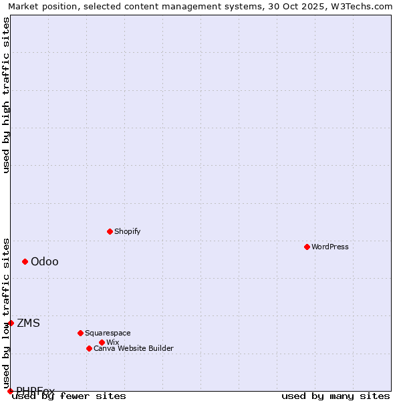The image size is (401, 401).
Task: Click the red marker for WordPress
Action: pos(307,247)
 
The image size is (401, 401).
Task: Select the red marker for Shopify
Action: pos(110,231)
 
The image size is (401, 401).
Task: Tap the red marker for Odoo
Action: pos(25,261)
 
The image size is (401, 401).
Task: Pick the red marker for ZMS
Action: pos(11,323)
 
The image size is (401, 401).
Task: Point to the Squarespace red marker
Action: pos(80,333)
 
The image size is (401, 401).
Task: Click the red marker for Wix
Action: pos(102,342)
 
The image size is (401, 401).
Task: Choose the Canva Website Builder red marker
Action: pos(89,348)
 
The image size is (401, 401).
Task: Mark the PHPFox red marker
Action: pos(10,391)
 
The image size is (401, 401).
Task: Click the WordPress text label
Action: pos(330,247)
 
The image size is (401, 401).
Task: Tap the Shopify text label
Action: pos(127,231)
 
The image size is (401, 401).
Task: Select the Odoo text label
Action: pos(45,261)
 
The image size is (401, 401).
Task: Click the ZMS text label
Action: pos(28,323)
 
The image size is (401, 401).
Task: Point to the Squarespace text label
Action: pos(108,333)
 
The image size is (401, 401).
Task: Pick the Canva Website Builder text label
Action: pos(134,348)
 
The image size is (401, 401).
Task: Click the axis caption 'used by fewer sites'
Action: pos(70,396)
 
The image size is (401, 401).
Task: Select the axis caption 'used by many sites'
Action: pos(336,396)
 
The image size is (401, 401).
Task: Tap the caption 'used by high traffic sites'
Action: pos(6,96)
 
